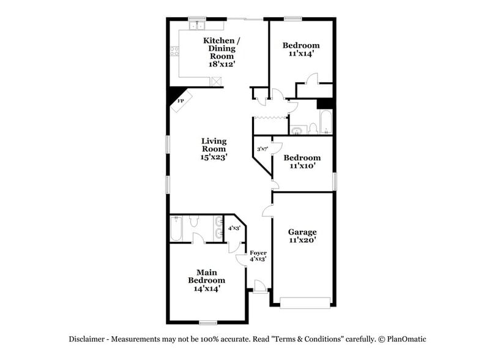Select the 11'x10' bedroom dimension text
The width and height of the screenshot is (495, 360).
click(x=301, y=166)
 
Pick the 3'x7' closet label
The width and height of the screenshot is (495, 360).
click(x=261, y=149)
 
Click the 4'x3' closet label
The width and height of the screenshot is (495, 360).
click(x=234, y=228)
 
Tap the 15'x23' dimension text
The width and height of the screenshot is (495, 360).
click(x=214, y=157)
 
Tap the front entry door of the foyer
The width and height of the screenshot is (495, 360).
click(x=259, y=287)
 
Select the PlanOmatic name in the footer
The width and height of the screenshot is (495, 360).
click(x=406, y=339)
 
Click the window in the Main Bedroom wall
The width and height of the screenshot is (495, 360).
click(x=209, y=322)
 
